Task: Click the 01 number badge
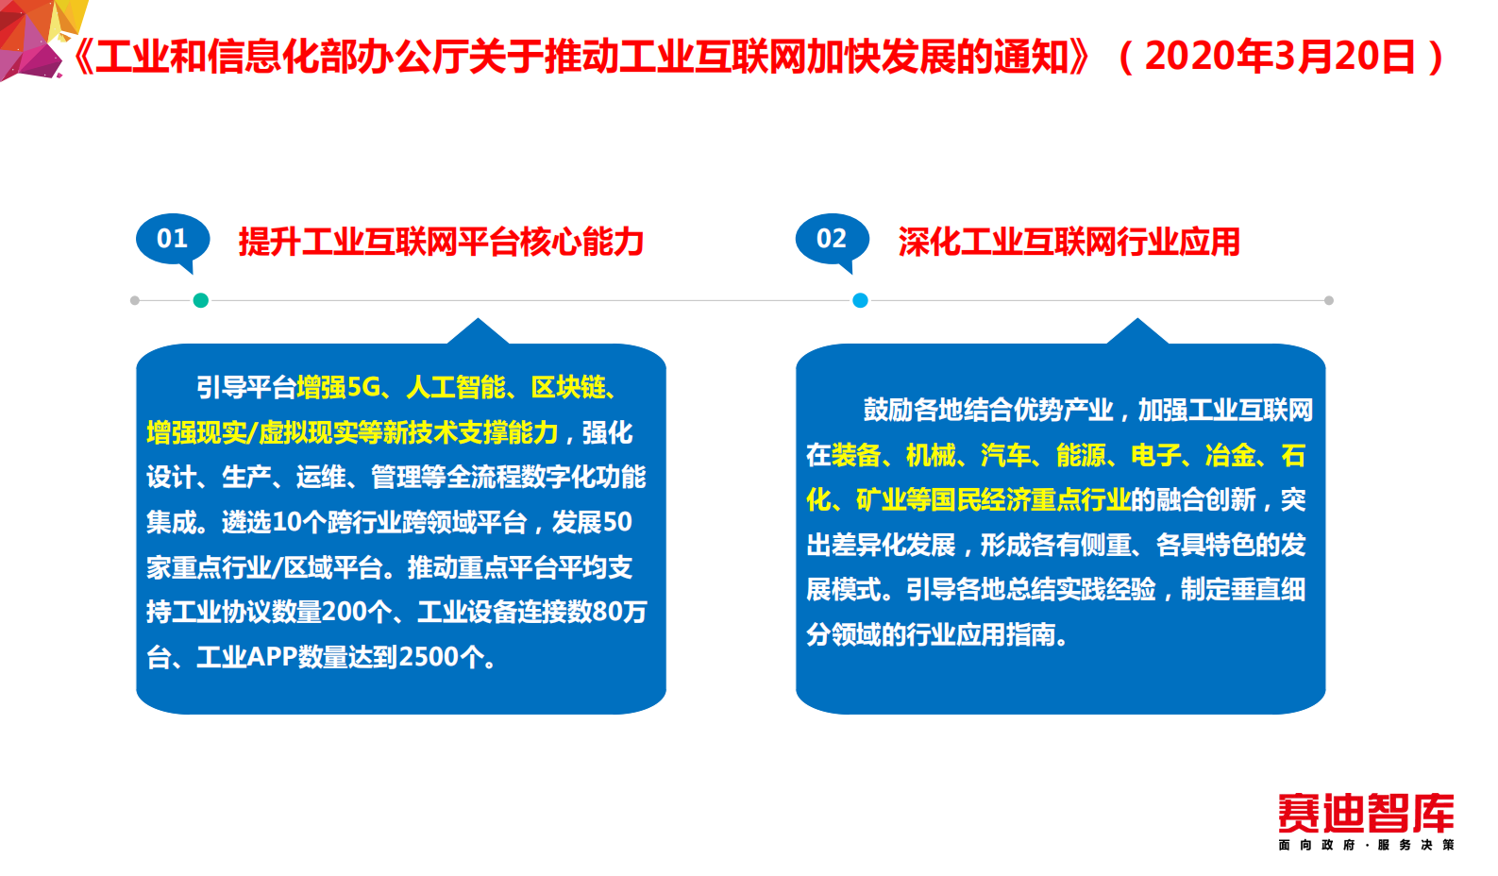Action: click(x=172, y=239)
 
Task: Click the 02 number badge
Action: click(x=832, y=239)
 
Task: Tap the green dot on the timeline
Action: click(x=200, y=300)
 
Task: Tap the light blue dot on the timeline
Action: click(x=860, y=300)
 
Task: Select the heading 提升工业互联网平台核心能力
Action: click(x=441, y=243)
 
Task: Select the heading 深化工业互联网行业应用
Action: click(x=1069, y=243)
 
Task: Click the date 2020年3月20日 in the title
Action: click(x=1280, y=57)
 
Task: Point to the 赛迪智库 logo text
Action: click(x=1365, y=814)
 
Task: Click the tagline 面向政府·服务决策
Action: click(x=1365, y=845)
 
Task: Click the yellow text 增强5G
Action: click(x=338, y=387)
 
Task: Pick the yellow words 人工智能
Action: click(x=456, y=387)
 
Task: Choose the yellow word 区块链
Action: click(x=568, y=387)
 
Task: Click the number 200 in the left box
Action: click(x=345, y=613)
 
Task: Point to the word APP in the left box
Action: click(x=272, y=657)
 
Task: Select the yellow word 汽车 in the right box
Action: click(x=1005, y=456)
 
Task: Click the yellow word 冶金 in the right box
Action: click(x=1230, y=456)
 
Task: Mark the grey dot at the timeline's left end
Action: click(x=135, y=300)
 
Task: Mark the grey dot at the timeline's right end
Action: click(x=1329, y=300)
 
